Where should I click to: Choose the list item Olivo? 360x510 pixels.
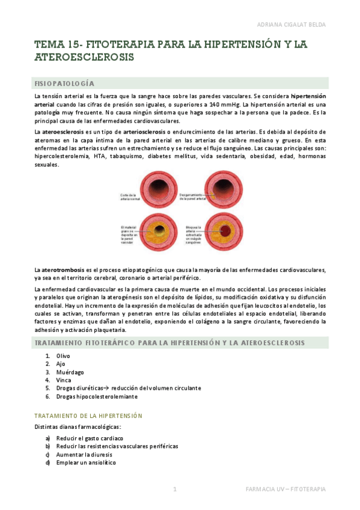tap(63, 356)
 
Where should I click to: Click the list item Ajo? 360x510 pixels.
tap(61, 364)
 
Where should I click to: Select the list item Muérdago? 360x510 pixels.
tap(69, 372)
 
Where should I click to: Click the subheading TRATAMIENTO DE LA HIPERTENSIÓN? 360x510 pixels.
tap(88, 416)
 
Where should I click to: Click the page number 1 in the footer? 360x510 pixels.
tap(175, 490)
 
